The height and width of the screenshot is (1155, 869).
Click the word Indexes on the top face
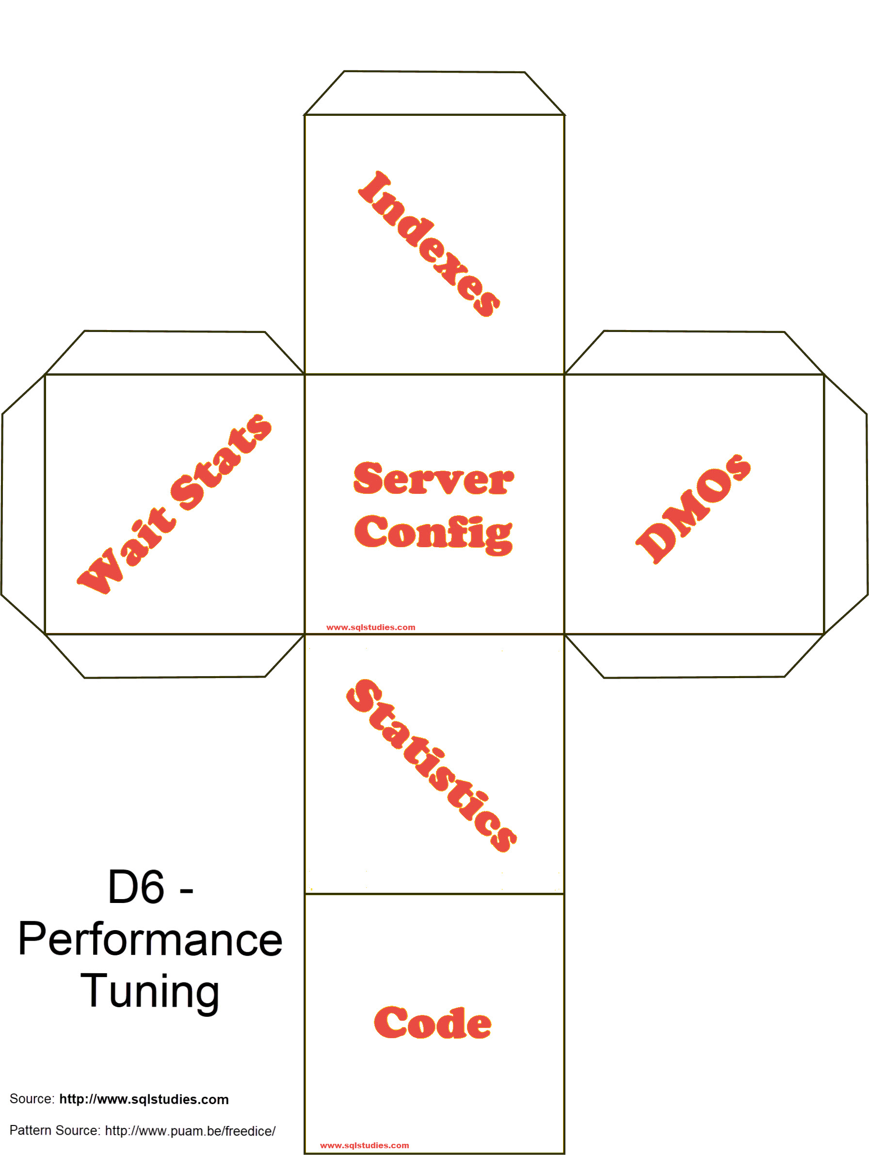(x=429, y=243)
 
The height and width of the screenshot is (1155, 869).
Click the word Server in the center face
(x=433, y=479)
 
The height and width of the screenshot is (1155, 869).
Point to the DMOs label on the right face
(x=693, y=508)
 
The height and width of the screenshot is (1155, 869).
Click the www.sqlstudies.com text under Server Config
(x=370, y=627)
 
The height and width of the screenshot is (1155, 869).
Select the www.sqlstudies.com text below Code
(x=364, y=1145)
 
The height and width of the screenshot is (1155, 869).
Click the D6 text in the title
(x=136, y=887)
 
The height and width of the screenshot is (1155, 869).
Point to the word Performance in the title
(x=150, y=940)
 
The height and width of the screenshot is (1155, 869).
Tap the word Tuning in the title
(x=150, y=992)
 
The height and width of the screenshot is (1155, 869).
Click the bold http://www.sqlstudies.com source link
(x=144, y=1099)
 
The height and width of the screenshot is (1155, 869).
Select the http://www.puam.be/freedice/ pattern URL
(x=190, y=1131)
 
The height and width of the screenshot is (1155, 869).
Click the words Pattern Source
(x=54, y=1130)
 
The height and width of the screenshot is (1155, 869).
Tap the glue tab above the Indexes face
(x=434, y=93)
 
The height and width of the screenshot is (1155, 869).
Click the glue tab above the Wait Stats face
(x=174, y=352)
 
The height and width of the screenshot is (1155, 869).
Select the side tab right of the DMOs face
(x=846, y=504)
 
